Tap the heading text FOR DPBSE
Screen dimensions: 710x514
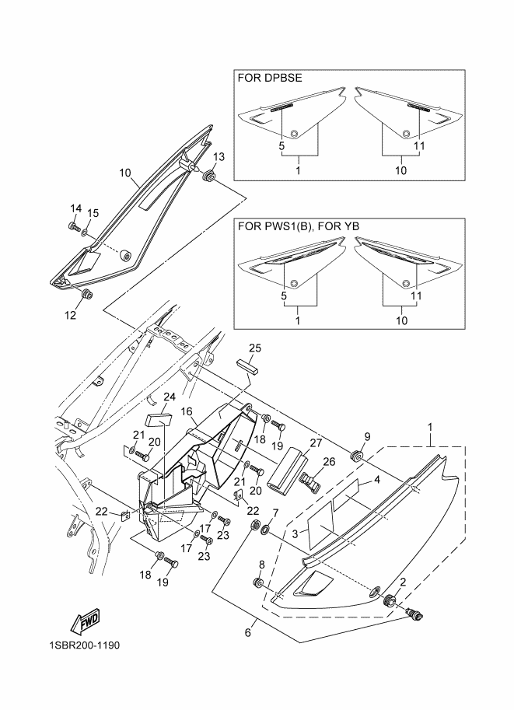(269, 78)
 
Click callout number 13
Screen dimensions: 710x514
(219, 157)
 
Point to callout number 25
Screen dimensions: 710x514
(255, 347)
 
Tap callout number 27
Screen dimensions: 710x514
(315, 442)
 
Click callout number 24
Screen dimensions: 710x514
(170, 397)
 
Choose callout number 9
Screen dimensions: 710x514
(367, 435)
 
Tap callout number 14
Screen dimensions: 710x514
(76, 208)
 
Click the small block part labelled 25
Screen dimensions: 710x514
(247, 368)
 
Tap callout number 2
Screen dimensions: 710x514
(403, 582)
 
